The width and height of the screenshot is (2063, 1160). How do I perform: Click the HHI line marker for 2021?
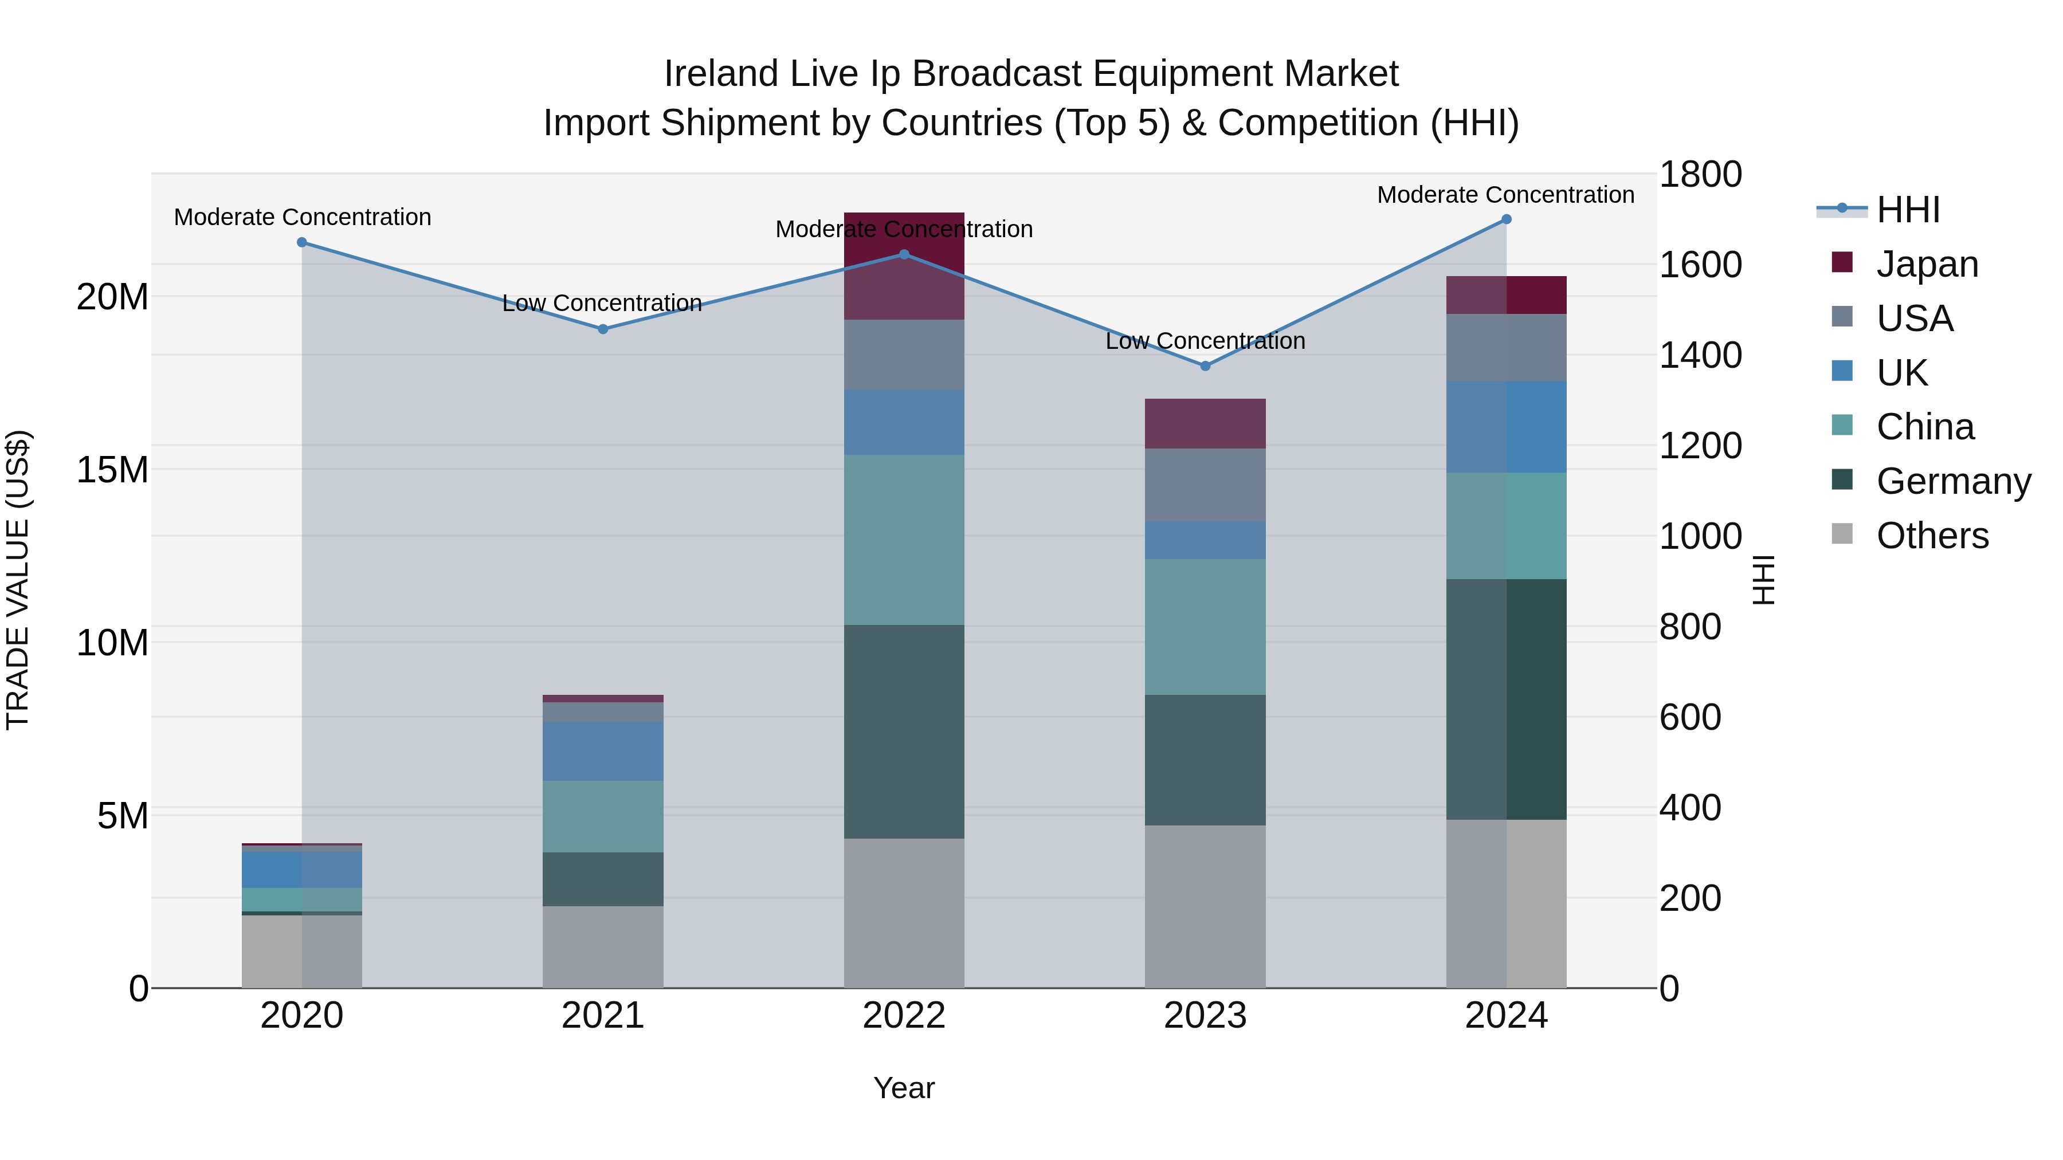pyautogui.click(x=603, y=329)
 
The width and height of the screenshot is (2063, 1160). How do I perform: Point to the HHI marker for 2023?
pyautogui.click(x=1205, y=366)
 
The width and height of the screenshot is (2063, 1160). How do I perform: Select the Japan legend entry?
pyautogui.click(x=1925, y=264)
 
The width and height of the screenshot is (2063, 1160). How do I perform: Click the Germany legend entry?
pyautogui.click(x=1952, y=481)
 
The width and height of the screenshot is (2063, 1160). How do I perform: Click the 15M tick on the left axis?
pyautogui.click(x=112, y=470)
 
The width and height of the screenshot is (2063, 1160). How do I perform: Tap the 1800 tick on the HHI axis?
pyautogui.click(x=1700, y=175)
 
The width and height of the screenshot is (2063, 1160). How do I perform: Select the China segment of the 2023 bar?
pyautogui.click(x=1205, y=627)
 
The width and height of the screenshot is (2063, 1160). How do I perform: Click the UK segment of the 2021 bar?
pyautogui.click(x=603, y=751)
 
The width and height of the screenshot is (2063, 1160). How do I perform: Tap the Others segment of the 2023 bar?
pyautogui.click(x=1205, y=906)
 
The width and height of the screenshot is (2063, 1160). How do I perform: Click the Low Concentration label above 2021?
pyautogui.click(x=602, y=304)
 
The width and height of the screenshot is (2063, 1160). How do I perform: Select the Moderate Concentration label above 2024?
pyautogui.click(x=1505, y=195)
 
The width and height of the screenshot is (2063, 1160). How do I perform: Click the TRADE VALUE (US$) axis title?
pyautogui.click(x=18, y=580)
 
